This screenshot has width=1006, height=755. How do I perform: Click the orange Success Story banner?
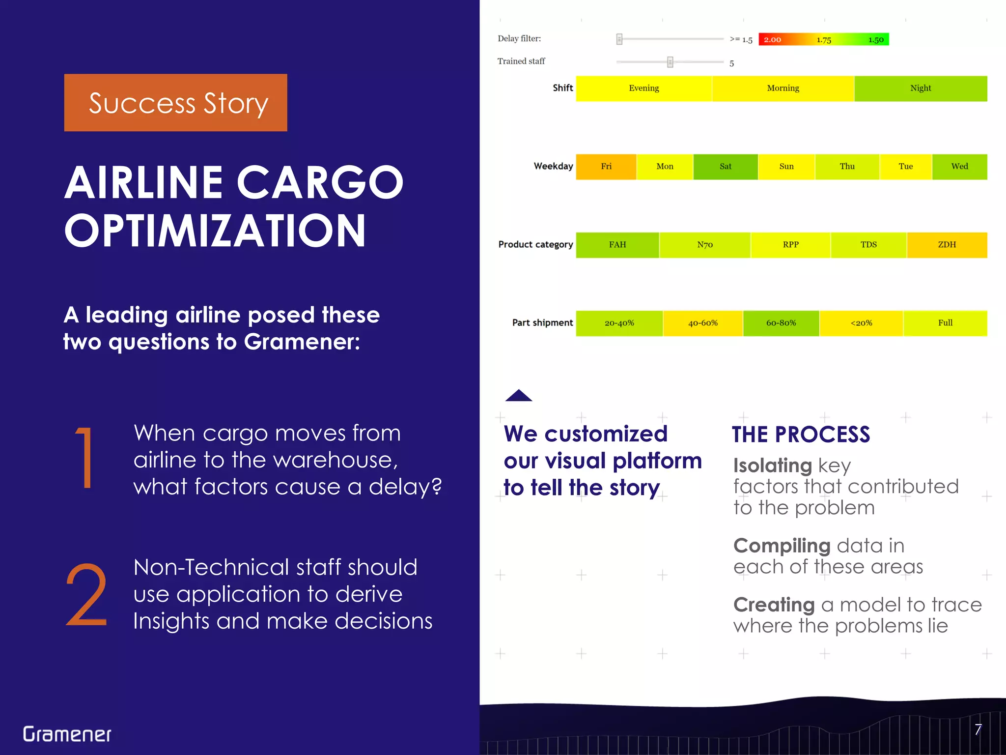click(x=175, y=102)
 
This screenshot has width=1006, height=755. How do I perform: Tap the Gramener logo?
click(x=67, y=734)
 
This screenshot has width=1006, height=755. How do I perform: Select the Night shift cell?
click(x=921, y=88)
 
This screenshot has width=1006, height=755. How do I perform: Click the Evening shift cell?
click(x=643, y=88)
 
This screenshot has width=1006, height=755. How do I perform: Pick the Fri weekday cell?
click(x=606, y=167)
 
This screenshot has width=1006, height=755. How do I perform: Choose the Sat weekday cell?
click(x=725, y=167)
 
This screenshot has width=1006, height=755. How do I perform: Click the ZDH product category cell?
click(x=947, y=245)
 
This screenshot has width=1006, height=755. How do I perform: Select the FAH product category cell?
click(x=617, y=245)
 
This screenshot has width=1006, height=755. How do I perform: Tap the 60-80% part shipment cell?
click(x=781, y=323)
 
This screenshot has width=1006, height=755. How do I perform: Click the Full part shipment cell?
click(x=945, y=323)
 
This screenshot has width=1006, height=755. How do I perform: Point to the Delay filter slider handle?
click(x=619, y=39)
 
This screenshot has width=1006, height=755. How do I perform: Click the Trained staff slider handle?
click(x=670, y=62)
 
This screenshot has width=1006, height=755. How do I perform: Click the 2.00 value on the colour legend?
click(x=772, y=39)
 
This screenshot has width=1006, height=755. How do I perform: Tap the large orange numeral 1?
click(x=85, y=458)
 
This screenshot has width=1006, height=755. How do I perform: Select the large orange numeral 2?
click(x=86, y=595)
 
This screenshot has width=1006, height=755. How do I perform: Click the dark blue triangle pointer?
click(x=519, y=396)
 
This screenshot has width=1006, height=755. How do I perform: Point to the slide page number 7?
click(x=978, y=729)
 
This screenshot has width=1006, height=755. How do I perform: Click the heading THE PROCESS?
click(x=801, y=435)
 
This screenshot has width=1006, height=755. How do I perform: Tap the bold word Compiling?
click(x=782, y=546)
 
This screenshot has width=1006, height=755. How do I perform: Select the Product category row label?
click(x=535, y=245)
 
